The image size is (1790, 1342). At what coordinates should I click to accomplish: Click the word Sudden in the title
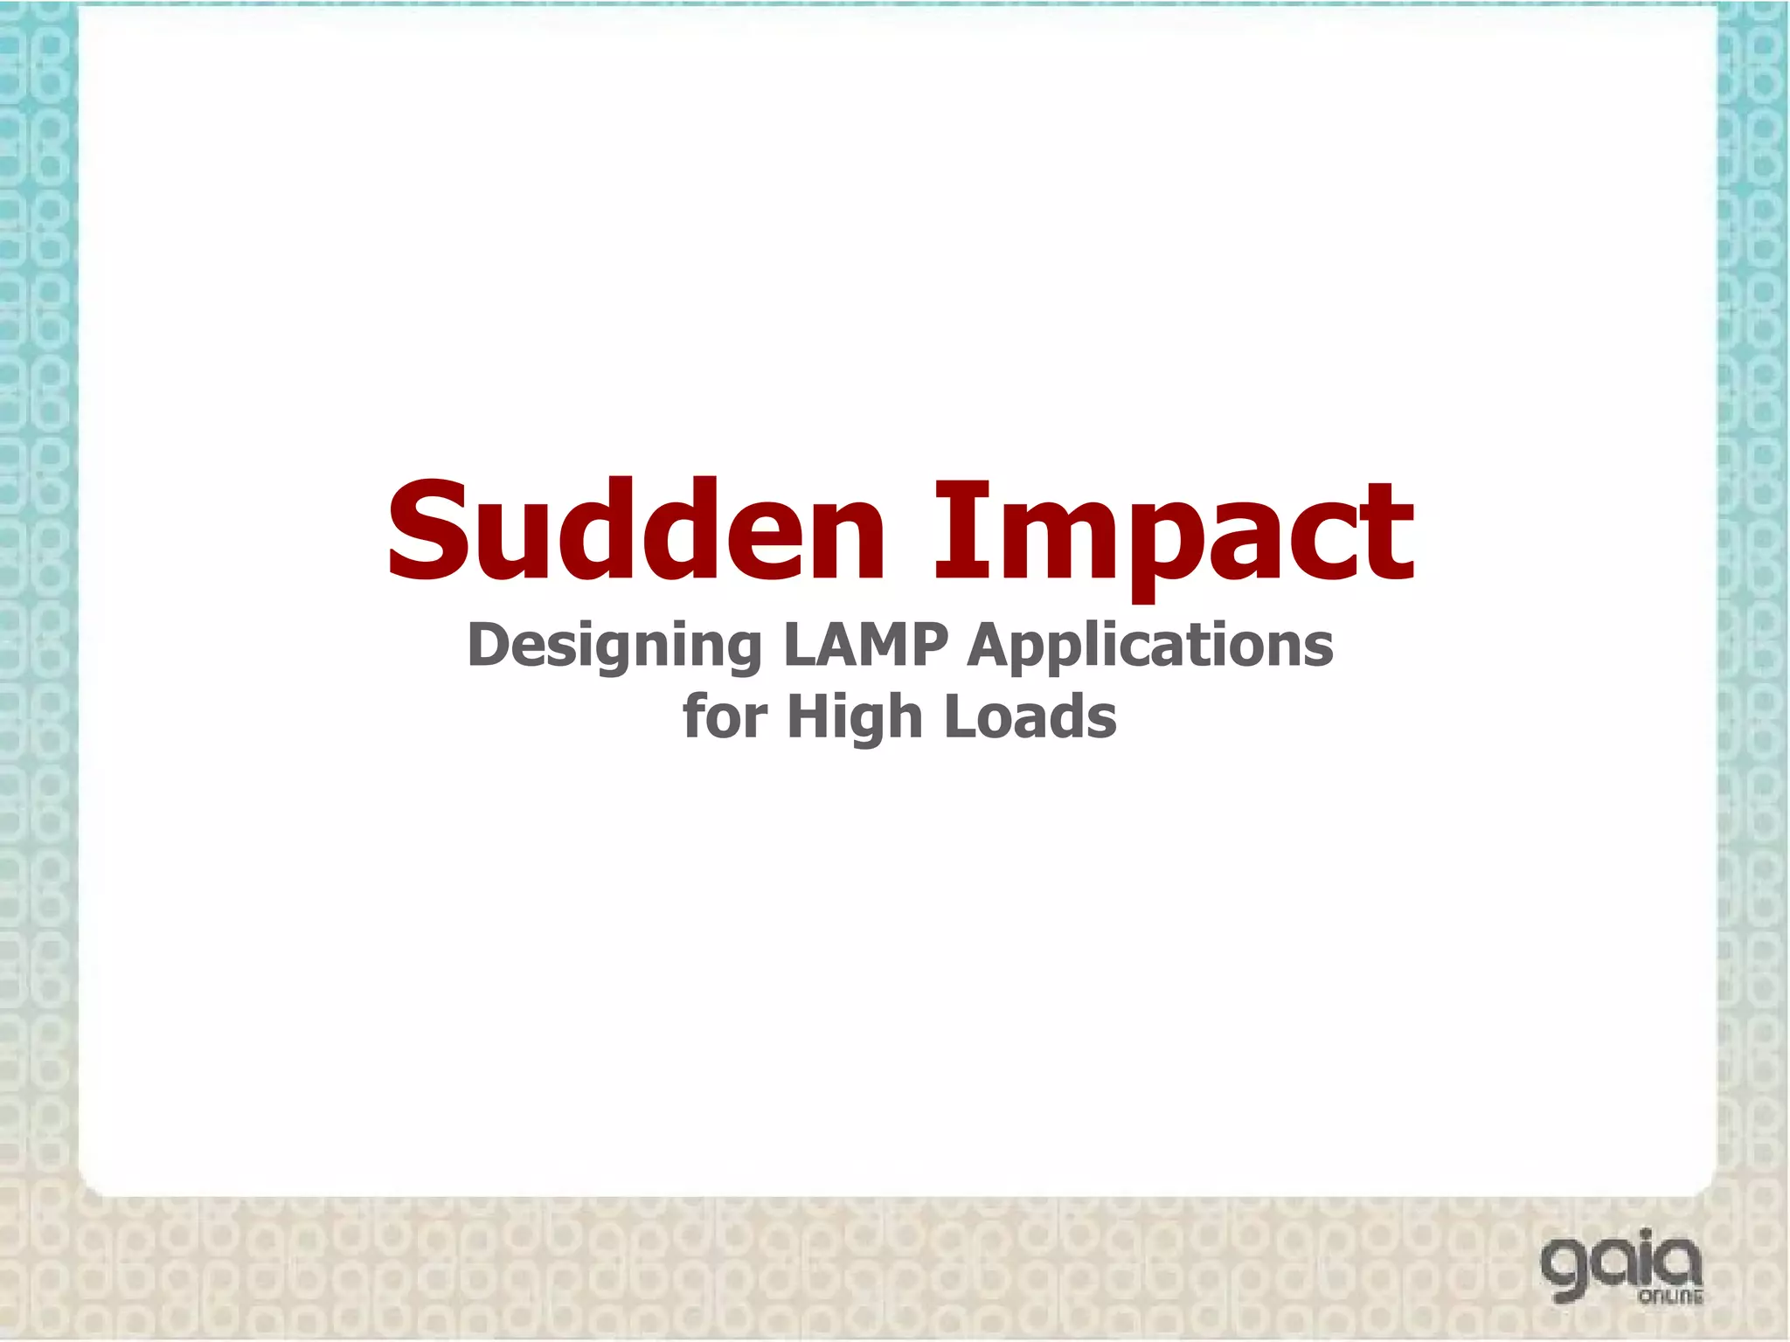637,531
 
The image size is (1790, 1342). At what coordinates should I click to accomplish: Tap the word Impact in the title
1174,533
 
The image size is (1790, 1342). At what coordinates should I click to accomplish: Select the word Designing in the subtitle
614,647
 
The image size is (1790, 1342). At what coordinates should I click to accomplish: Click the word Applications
1150,647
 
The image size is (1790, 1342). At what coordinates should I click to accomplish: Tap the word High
855,718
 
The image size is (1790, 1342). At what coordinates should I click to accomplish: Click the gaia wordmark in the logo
1621,1266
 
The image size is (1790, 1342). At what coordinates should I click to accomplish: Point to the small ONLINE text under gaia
1670,1297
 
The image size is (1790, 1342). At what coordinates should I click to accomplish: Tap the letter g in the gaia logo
1569,1271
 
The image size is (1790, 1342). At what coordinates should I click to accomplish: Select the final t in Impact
1390,535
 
